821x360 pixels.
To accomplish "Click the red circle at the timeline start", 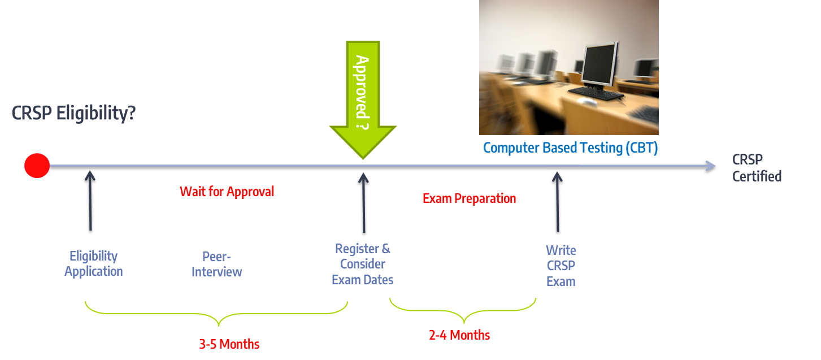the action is point(37,166).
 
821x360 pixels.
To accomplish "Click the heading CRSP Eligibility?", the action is point(73,113).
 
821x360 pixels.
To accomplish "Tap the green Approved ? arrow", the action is point(363,99).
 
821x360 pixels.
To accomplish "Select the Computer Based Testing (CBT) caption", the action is point(570,148).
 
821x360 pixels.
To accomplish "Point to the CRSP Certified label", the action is point(757,168).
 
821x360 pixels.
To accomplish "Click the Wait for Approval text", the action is point(227,192).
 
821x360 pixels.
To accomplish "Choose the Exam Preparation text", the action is point(469,198).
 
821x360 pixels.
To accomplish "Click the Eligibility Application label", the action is point(93,263).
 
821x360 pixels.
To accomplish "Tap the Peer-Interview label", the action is point(216,264).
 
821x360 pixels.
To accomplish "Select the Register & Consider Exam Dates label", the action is point(363,264).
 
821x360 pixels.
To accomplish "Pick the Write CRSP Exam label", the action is point(561,266).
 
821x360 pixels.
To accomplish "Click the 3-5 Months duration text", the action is point(229,344).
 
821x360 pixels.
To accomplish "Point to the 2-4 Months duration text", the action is point(459,335).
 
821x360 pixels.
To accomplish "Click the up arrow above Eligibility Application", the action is point(90,201).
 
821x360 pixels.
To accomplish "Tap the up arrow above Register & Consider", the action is point(363,203).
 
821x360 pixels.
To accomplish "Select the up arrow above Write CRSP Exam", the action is point(558,202).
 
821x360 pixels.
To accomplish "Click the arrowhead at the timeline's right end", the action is point(710,166).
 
